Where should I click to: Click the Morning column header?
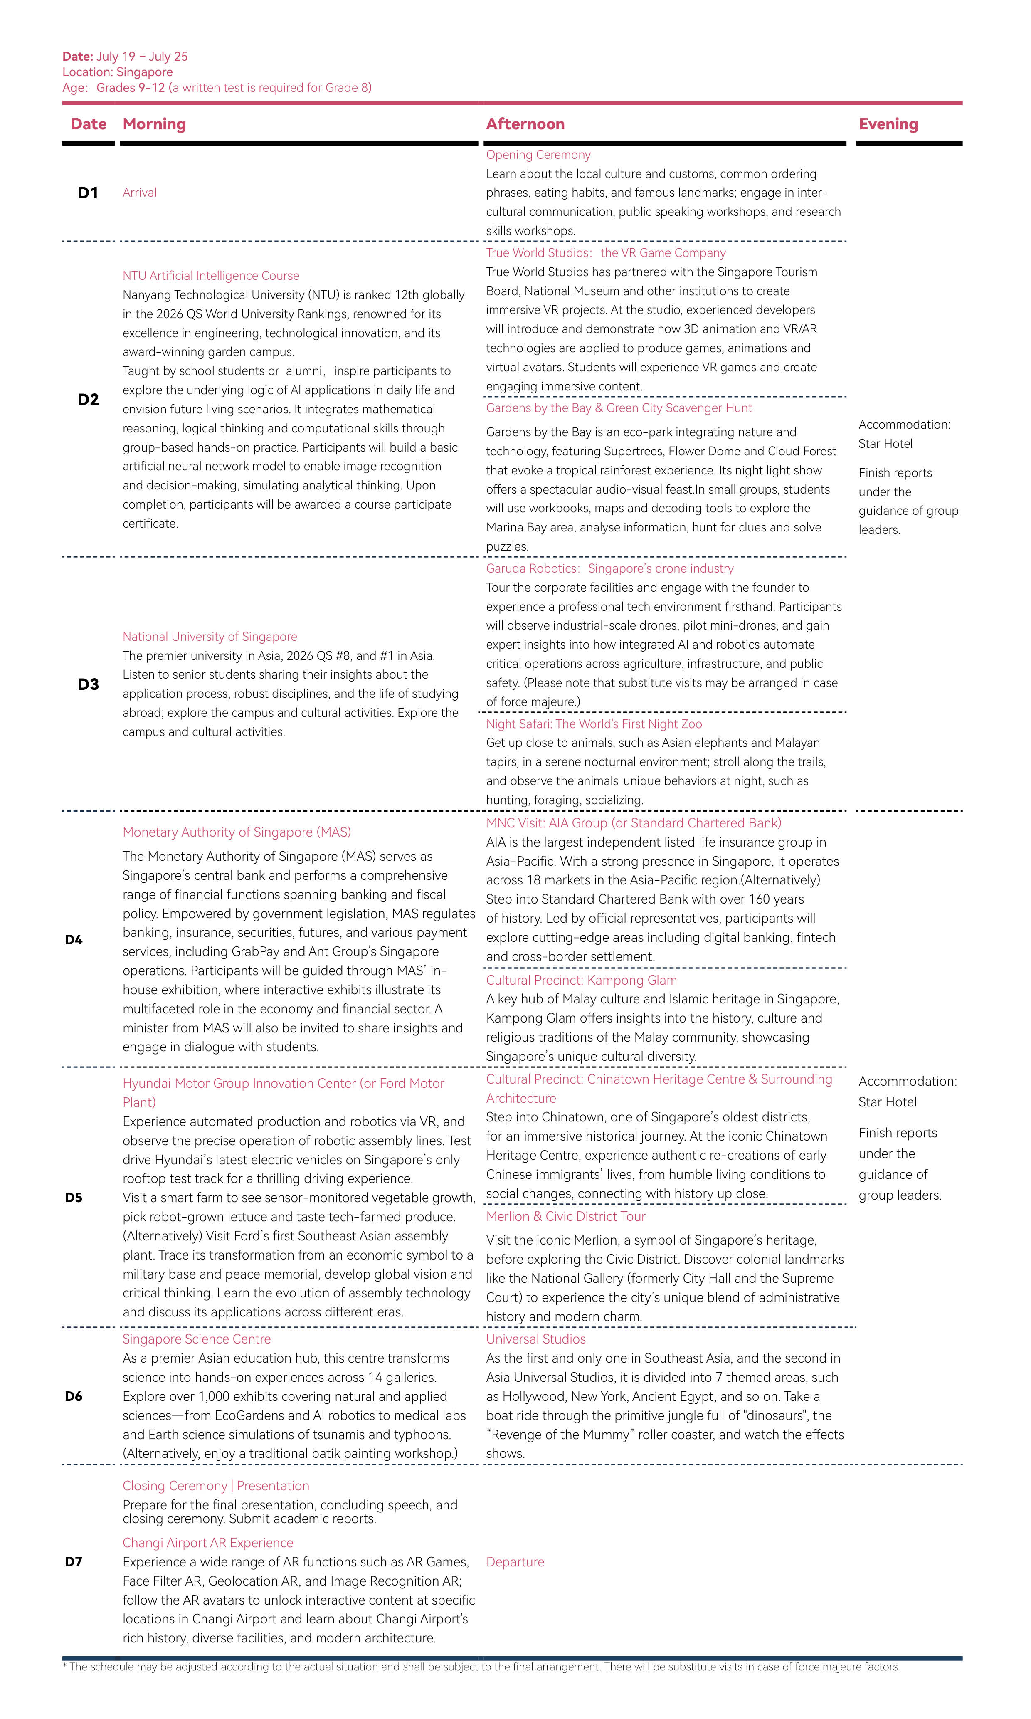(x=154, y=124)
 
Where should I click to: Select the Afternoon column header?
(x=525, y=124)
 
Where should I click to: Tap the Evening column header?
(x=888, y=124)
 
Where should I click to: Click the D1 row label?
(x=88, y=193)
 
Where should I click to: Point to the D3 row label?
(x=88, y=684)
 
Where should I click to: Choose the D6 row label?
(x=74, y=1397)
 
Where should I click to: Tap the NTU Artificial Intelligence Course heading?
(x=210, y=276)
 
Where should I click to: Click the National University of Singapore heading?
(x=210, y=637)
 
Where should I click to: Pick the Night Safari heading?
(x=594, y=724)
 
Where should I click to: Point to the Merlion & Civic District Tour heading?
(x=565, y=1217)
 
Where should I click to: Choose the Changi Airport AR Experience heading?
(x=208, y=1543)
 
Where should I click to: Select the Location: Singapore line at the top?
(x=117, y=72)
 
